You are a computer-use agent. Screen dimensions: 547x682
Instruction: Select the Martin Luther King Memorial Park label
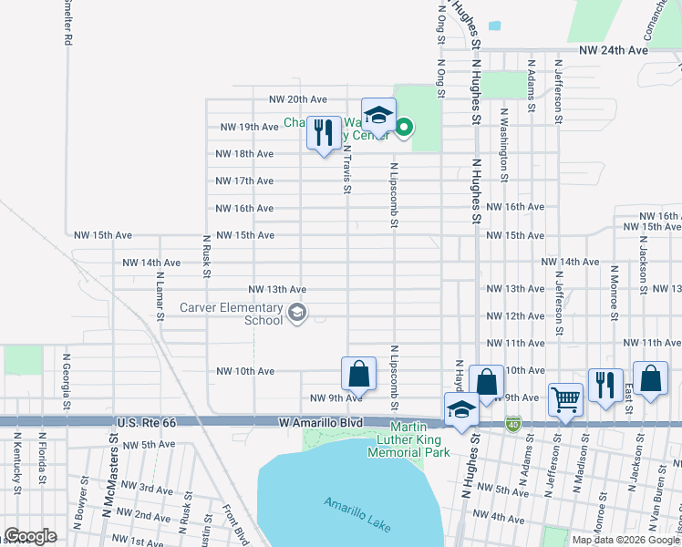point(419,440)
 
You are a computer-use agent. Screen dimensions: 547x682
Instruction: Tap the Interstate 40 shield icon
point(514,424)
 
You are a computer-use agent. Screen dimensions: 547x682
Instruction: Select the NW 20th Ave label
point(297,99)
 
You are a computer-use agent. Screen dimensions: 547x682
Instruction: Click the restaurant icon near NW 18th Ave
point(323,133)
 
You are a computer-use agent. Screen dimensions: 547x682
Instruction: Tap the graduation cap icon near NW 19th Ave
point(378,116)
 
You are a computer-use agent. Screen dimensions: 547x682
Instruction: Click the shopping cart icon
point(565,398)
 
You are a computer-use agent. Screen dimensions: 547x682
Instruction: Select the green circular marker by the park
point(404,128)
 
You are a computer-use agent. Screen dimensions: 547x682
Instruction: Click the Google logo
point(30,536)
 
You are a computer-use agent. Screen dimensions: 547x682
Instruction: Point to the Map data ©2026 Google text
point(625,540)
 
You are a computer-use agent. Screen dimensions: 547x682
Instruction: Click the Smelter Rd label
point(67,23)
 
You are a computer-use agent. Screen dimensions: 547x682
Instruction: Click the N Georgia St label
point(66,375)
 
